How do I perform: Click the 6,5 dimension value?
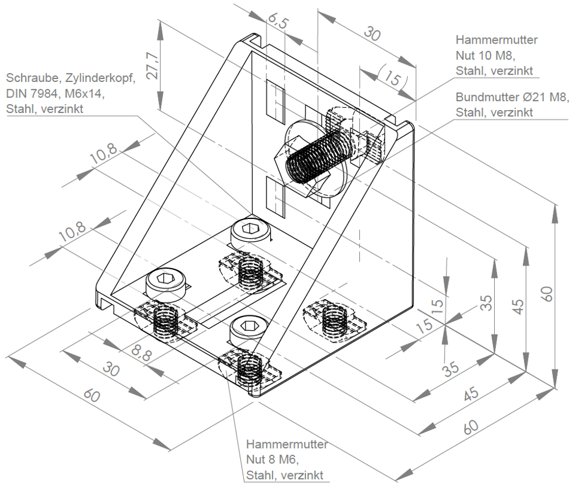pyautogui.click(x=277, y=21)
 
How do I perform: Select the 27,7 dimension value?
pyautogui.click(x=152, y=66)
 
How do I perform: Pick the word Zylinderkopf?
pyautogui.click(x=100, y=78)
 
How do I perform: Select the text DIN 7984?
pyautogui.click(x=32, y=93)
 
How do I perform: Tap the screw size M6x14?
pyautogui.click(x=84, y=94)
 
